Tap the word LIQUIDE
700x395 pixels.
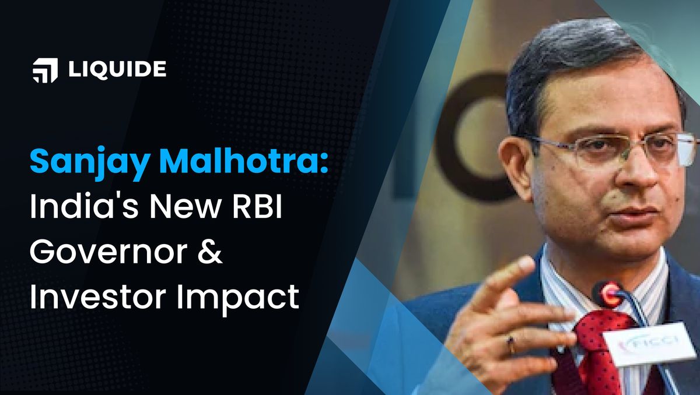coord(117,70)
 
